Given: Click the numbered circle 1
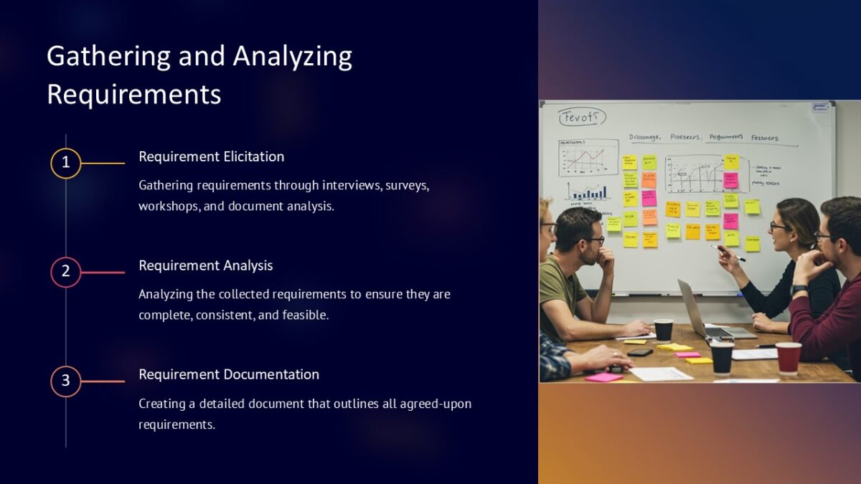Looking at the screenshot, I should (65, 163).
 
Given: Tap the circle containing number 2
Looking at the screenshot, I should (65, 272).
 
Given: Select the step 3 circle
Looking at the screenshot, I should (65, 381).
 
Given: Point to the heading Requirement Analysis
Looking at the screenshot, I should (205, 265).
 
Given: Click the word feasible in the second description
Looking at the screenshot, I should (304, 315).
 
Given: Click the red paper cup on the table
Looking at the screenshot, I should (788, 357).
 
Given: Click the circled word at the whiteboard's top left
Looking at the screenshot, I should (583, 118).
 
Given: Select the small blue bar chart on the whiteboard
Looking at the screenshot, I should (587, 191).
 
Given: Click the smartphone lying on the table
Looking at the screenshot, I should (639, 352).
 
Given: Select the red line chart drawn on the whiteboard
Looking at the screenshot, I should (587, 158).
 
